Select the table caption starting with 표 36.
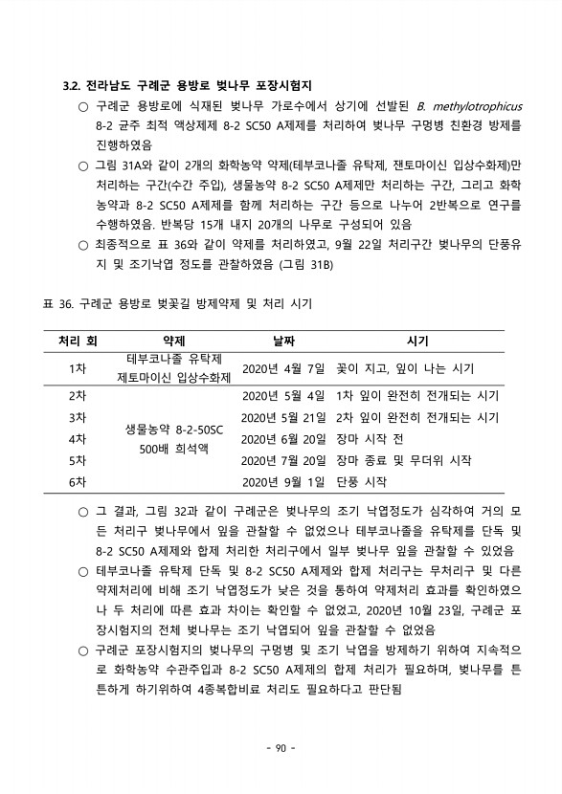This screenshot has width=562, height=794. (x=178, y=303)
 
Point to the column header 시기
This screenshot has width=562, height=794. (x=417, y=340)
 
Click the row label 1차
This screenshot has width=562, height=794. (x=78, y=368)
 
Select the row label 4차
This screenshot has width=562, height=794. (x=78, y=439)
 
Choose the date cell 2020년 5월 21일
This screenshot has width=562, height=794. (x=283, y=417)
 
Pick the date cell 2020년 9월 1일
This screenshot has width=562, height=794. (x=283, y=481)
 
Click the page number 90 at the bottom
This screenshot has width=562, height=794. (x=281, y=747)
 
